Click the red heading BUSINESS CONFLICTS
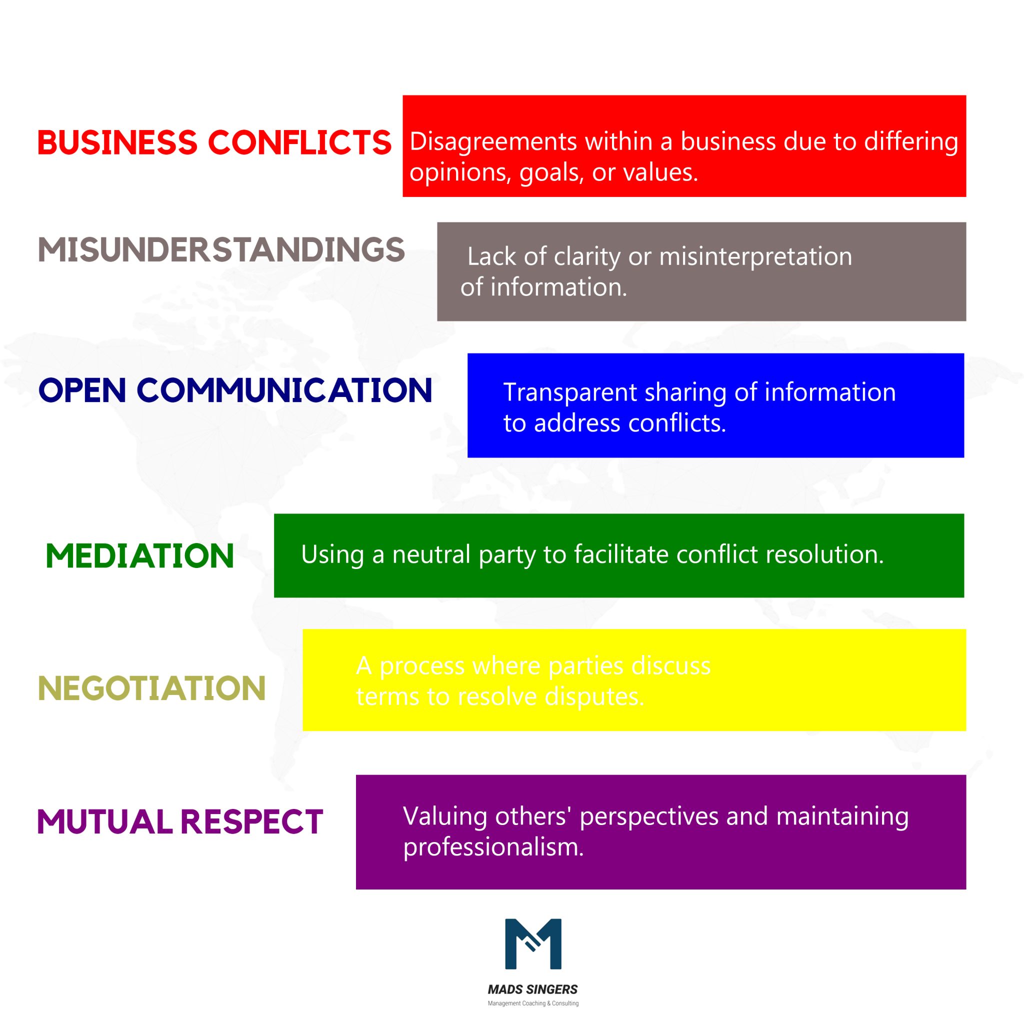click(214, 142)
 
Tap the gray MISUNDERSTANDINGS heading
click(221, 249)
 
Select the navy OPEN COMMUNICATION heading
click(235, 390)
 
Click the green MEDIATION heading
click(140, 556)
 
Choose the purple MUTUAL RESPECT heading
click(179, 822)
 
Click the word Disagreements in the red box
click(493, 142)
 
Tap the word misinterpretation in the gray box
click(755, 256)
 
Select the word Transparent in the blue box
click(570, 392)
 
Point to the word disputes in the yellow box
click(594, 696)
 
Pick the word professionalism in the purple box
click(493, 847)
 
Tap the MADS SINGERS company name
click(532, 989)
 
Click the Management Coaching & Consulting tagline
click(532, 1003)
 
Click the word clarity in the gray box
click(586, 256)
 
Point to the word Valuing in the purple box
click(444, 816)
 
